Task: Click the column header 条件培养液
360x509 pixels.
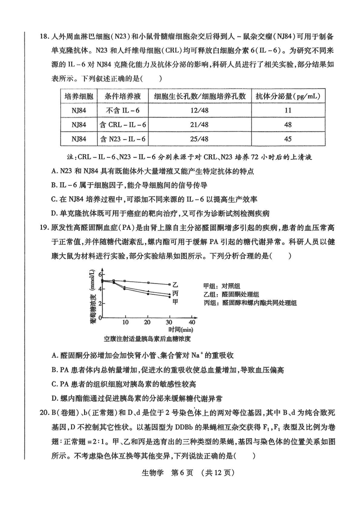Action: pyautogui.click(x=122, y=96)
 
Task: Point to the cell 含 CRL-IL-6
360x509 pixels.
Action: pyautogui.click(x=122, y=124)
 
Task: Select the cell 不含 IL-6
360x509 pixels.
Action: pyautogui.click(x=122, y=110)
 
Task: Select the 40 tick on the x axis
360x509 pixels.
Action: pyautogui.click(x=192, y=323)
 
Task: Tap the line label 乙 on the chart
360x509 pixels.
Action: pyautogui.click(x=175, y=284)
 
